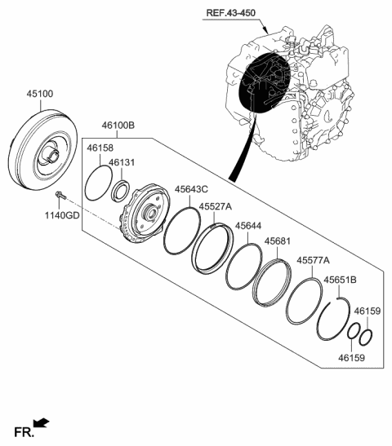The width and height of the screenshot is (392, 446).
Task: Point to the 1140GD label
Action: (x=62, y=215)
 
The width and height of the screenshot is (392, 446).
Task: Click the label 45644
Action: (x=249, y=225)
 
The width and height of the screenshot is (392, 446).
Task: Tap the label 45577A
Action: (x=313, y=261)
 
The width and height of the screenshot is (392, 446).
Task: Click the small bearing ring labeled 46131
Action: (x=121, y=192)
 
